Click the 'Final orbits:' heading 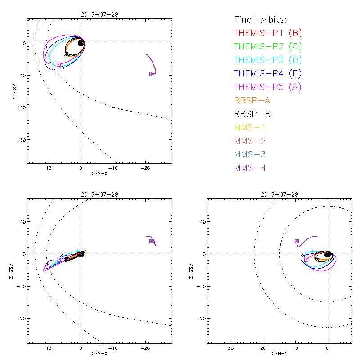261,19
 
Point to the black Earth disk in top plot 81,43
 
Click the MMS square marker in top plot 151,74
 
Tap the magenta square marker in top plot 59,65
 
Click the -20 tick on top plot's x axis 145,167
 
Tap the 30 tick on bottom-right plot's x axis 231,348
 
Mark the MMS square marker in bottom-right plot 297,242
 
